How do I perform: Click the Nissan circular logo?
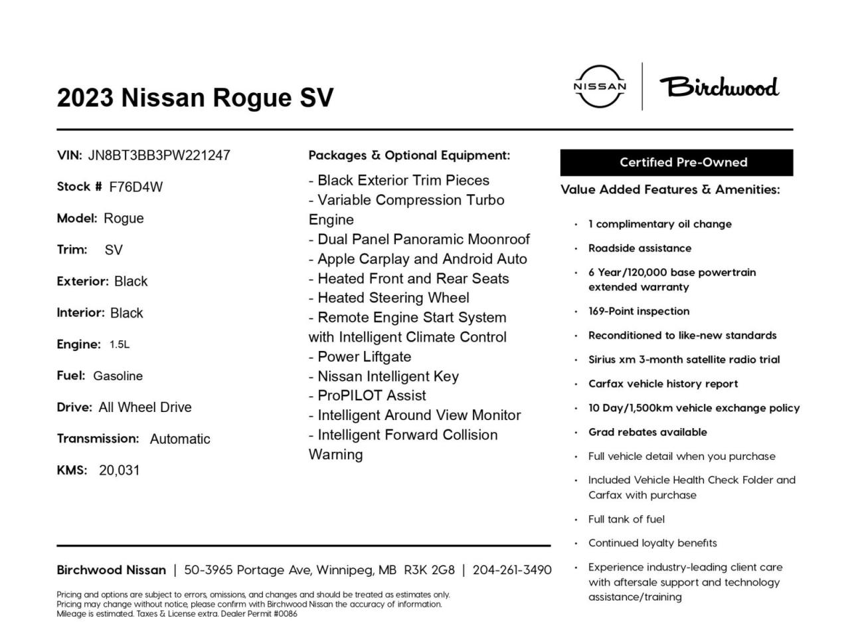(x=600, y=86)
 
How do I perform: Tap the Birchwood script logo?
(x=719, y=87)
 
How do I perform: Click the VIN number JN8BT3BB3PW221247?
(x=159, y=156)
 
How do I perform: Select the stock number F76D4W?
(x=135, y=187)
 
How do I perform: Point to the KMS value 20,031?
(x=120, y=471)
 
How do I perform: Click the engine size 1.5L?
(x=120, y=344)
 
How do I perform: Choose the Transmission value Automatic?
(x=180, y=439)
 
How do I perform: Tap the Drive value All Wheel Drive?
(x=145, y=407)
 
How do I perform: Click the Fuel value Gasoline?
(x=118, y=376)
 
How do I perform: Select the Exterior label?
(x=82, y=281)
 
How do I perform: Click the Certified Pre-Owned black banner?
(x=676, y=162)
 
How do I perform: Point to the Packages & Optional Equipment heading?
(x=409, y=156)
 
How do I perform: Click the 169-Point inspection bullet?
(x=639, y=311)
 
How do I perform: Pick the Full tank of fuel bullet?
(x=626, y=519)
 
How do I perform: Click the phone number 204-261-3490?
(x=511, y=570)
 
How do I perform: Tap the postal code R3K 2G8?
(x=429, y=570)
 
